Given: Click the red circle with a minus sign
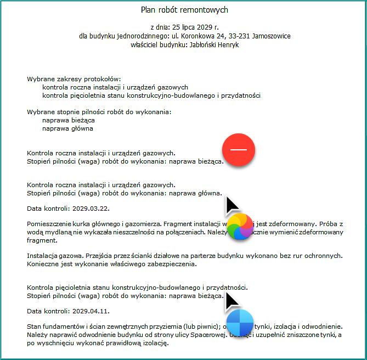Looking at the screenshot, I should tap(239, 150).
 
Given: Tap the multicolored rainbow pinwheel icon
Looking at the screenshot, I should tap(239, 227).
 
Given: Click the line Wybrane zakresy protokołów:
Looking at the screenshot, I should tap(74, 79).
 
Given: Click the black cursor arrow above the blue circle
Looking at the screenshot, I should tap(232, 300).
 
